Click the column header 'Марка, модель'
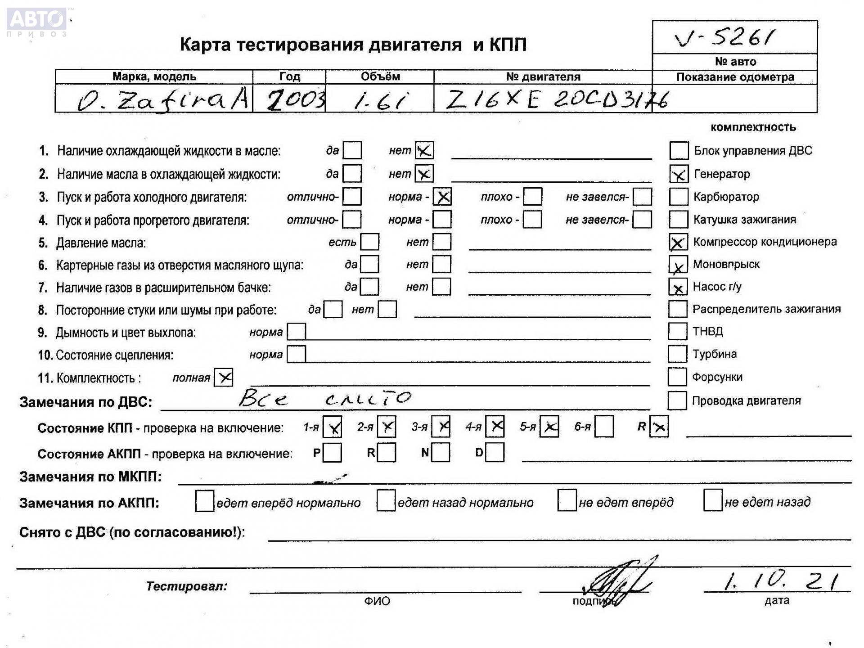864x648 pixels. click(154, 76)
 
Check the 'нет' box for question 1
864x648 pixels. click(424, 150)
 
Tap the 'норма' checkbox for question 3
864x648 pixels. click(442, 197)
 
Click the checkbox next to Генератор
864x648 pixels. click(679, 174)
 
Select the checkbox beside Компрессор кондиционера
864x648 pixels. click(678, 242)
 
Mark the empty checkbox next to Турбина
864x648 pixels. click(677, 354)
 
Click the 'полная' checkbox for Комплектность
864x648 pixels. click(224, 378)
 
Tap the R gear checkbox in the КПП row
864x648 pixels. click(659, 427)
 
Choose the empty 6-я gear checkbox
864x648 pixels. click(603, 427)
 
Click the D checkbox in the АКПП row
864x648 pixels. click(495, 453)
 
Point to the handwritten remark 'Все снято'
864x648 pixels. click(324, 398)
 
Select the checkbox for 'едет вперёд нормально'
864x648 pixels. click(204, 501)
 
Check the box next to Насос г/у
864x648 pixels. click(678, 287)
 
